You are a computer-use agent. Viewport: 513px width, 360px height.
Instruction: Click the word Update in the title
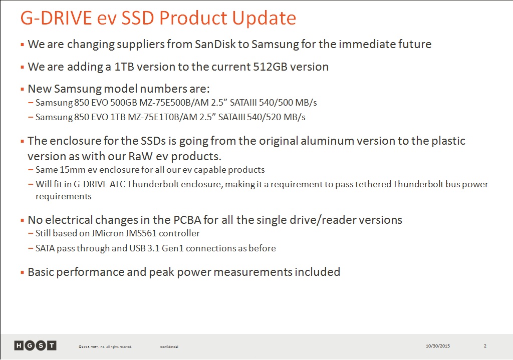[x=265, y=19]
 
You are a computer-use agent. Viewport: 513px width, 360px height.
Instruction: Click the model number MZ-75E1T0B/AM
[x=163, y=117]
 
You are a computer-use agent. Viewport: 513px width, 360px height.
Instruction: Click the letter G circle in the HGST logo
[x=30, y=345]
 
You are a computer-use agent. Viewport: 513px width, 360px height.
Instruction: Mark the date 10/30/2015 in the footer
[x=438, y=346]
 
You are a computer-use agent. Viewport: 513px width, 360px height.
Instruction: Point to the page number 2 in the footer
[x=485, y=346]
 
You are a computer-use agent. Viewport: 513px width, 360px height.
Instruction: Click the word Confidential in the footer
[x=169, y=347]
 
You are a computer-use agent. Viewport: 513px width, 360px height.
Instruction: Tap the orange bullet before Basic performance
[x=22, y=272]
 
